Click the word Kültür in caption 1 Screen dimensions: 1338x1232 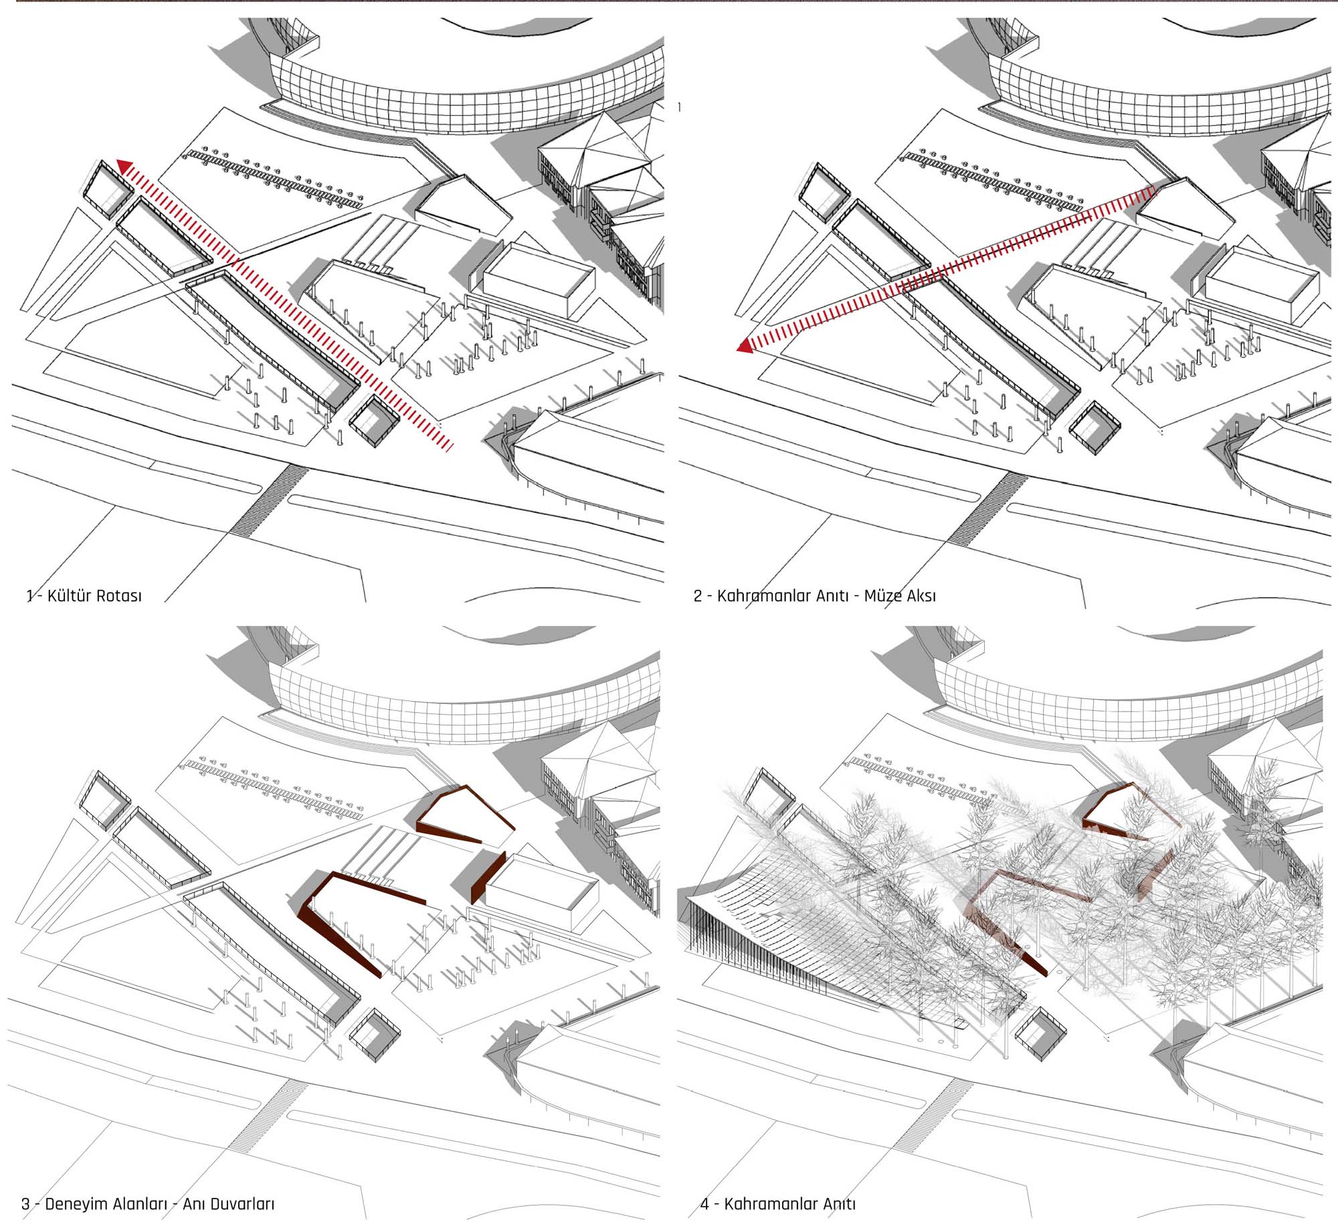click(x=68, y=595)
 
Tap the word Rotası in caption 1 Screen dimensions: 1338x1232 click(x=118, y=595)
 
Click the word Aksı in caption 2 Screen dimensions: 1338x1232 click(x=919, y=595)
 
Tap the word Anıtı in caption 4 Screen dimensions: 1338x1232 click(x=839, y=1204)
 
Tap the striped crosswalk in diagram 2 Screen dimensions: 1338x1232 click(x=987, y=508)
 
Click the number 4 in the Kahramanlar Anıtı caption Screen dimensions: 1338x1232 click(x=704, y=1205)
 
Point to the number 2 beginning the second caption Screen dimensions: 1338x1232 click(x=698, y=595)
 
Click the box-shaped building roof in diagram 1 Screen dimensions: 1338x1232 click(x=539, y=270)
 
